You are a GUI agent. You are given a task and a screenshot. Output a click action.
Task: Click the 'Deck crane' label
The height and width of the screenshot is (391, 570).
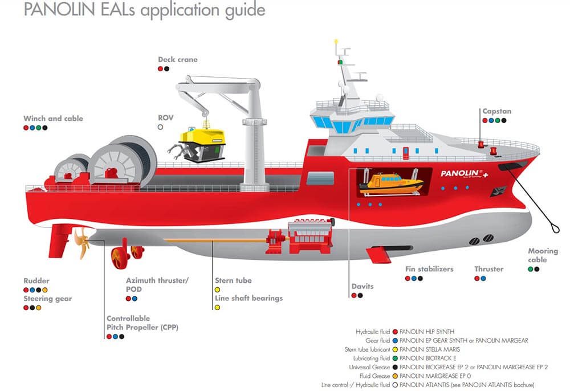pyautogui.click(x=178, y=59)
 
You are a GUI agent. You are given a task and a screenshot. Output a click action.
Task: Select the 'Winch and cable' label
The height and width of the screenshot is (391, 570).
pyautogui.click(x=53, y=119)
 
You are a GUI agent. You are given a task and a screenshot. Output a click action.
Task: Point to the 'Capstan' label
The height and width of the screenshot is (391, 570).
pyautogui.click(x=497, y=111)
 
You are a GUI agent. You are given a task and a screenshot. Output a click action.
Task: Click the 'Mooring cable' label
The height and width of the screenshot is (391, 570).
pyautogui.click(x=543, y=255)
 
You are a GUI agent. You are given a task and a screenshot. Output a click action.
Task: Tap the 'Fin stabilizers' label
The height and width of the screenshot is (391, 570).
pyautogui.click(x=429, y=269)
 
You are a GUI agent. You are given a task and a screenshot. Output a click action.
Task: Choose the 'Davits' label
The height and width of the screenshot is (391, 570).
pyautogui.click(x=363, y=286)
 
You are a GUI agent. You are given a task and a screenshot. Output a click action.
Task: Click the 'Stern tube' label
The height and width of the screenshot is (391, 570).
pyautogui.click(x=233, y=280)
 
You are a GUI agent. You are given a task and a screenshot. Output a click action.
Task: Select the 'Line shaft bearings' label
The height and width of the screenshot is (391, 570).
pyautogui.click(x=249, y=298)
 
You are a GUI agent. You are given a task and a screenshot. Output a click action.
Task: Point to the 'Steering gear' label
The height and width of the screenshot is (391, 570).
pyautogui.click(x=48, y=299)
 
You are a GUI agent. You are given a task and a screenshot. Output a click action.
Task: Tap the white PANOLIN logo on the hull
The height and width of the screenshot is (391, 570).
pyautogui.click(x=462, y=173)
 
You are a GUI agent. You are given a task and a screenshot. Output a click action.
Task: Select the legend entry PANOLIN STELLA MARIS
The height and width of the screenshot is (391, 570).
pyautogui.click(x=429, y=349)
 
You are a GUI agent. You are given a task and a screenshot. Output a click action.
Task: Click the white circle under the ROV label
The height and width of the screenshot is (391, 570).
pyautogui.click(x=161, y=127)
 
